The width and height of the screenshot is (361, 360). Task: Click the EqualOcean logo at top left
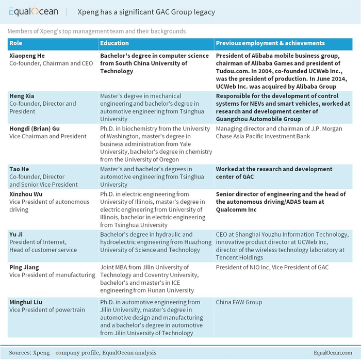(33, 11)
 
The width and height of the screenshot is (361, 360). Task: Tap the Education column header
(114, 43)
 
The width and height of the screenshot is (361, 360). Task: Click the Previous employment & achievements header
(270, 43)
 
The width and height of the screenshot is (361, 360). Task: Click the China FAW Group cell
(239, 302)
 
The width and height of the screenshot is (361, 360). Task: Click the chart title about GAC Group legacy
(146, 11)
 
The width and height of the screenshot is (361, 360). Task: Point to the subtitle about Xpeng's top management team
(96, 31)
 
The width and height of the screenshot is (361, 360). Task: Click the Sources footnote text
(82, 352)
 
